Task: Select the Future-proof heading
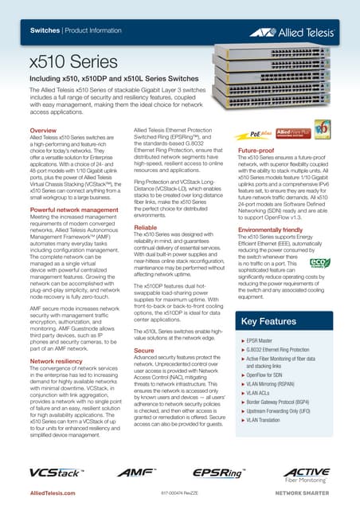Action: [x=257, y=150]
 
